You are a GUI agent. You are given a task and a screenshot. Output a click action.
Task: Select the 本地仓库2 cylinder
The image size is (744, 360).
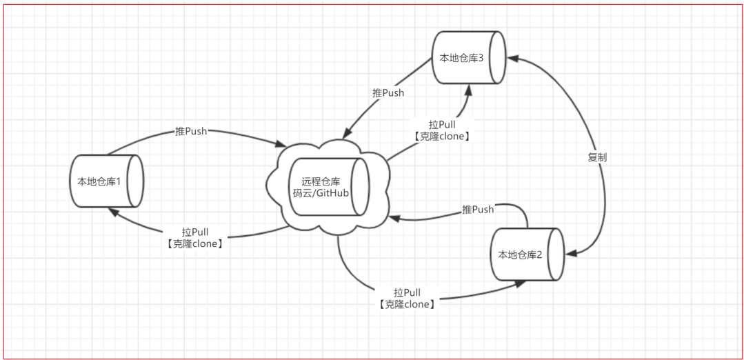527,254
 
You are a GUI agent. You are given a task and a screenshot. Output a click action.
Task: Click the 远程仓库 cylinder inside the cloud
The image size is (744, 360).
327,187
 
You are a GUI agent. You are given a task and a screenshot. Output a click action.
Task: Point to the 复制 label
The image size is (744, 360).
597,157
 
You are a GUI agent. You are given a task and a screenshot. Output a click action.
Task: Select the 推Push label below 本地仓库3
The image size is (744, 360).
388,92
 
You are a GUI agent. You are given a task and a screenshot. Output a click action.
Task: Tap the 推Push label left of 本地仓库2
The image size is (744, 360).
478,209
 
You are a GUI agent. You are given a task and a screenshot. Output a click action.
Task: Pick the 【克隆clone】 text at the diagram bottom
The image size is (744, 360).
407,304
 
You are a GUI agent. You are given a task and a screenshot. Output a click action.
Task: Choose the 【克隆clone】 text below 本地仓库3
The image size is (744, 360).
442,137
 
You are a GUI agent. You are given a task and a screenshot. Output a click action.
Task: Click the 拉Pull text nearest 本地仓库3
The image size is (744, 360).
442,125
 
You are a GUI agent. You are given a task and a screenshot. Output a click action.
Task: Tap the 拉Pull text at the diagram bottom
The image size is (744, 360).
407,293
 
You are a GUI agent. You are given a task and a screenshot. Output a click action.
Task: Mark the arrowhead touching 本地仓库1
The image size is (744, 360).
110,212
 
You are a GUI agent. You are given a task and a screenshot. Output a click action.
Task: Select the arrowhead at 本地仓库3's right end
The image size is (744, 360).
510,59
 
